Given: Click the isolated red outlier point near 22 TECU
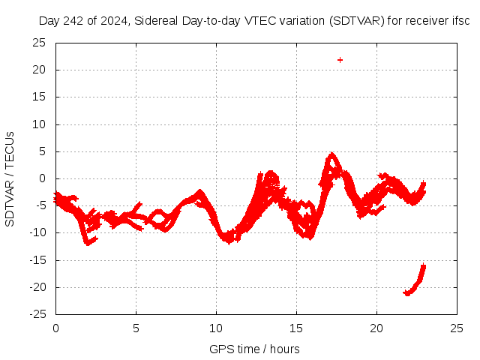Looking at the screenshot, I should point(340,60).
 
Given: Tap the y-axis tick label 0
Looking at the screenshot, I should point(43,178).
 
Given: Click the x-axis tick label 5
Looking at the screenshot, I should point(136,328).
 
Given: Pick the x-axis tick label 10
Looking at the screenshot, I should point(216,328).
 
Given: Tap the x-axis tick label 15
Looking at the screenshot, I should point(296,328).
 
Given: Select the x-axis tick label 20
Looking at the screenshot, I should point(376,328).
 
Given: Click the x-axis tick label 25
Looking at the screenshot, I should point(457,328).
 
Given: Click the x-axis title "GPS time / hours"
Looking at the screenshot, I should point(254,349).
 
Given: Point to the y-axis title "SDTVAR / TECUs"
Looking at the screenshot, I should point(10,178).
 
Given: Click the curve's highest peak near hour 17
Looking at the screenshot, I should point(331,156).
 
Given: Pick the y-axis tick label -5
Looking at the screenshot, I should point(40,205).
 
